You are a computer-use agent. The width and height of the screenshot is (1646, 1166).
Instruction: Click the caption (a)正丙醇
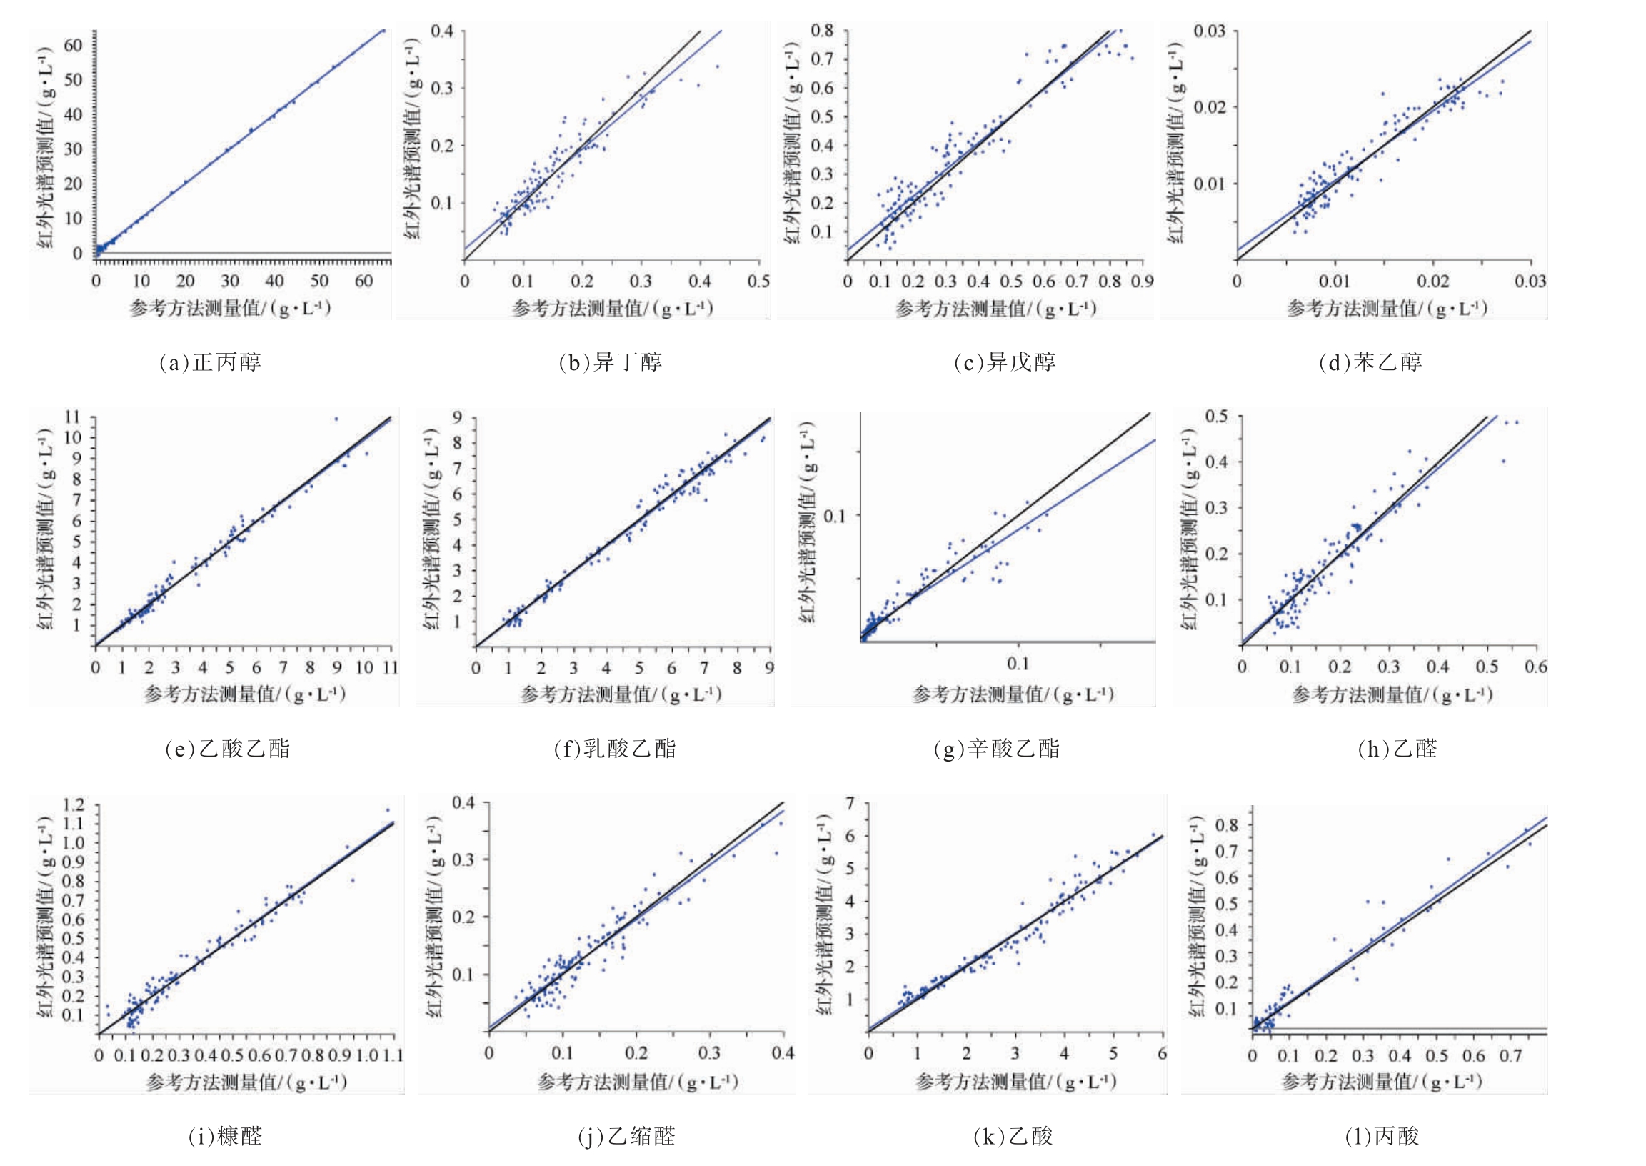209,362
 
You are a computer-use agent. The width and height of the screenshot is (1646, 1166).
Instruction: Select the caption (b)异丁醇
610,362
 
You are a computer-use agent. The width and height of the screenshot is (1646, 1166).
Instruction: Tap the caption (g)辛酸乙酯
996,749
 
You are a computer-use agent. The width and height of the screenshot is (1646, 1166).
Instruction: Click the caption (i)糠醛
225,1136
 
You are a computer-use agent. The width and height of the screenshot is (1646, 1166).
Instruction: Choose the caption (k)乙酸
1013,1136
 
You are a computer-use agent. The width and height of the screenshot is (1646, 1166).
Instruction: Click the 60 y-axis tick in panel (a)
73,45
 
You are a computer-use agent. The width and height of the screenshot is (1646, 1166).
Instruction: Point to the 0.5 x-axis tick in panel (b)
758,281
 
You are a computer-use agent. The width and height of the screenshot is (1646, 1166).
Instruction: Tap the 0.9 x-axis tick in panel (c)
1142,281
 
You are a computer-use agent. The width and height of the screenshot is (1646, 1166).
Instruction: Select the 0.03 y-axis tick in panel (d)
1210,31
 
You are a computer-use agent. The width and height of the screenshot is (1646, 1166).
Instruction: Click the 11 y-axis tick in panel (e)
71,417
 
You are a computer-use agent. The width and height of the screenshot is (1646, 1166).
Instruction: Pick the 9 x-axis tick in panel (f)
769,668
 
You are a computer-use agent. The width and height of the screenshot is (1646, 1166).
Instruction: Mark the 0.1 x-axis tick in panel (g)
1018,664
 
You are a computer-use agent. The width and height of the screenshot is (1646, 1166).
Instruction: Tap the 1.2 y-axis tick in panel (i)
73,805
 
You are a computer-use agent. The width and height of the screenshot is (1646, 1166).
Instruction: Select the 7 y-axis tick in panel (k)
850,803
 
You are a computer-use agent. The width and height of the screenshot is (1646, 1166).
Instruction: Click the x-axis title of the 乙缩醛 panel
638,1082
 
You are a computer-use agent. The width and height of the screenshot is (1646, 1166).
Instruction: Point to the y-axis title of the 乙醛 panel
1189,530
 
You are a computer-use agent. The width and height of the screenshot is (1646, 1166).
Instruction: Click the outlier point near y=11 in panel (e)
336,419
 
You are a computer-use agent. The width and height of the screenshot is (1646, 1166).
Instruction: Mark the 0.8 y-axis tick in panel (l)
1225,825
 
